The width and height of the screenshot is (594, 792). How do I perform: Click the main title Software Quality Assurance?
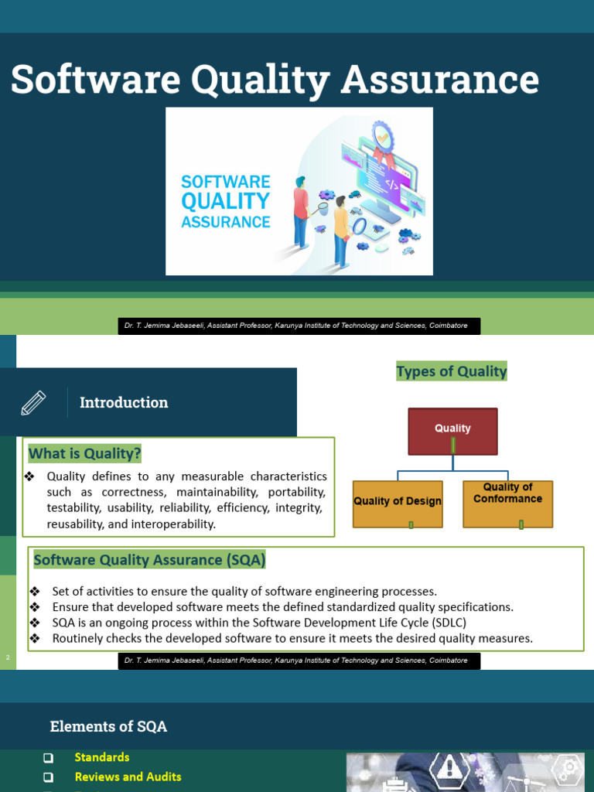click(275, 80)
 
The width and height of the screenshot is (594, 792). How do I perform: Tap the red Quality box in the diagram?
click(452, 431)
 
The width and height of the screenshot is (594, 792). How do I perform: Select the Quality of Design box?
click(398, 504)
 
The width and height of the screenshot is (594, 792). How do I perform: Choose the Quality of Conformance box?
click(507, 504)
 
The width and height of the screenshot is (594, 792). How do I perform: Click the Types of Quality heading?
click(452, 371)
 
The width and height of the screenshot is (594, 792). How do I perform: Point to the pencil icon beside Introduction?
click(33, 403)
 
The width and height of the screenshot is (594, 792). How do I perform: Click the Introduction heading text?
click(124, 403)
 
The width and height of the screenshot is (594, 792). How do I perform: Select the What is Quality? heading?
click(85, 453)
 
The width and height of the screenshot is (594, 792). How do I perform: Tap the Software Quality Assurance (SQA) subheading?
click(149, 559)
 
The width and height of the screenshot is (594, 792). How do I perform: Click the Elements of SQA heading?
click(108, 726)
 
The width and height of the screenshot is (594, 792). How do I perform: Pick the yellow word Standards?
click(102, 757)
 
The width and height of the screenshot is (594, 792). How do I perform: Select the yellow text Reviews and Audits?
click(128, 777)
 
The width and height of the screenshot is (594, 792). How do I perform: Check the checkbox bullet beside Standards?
click(48, 758)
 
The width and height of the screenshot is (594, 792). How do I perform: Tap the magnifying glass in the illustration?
click(359, 227)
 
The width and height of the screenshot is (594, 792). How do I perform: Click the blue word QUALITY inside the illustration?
click(225, 201)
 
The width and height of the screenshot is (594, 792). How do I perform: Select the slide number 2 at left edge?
click(8, 657)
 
